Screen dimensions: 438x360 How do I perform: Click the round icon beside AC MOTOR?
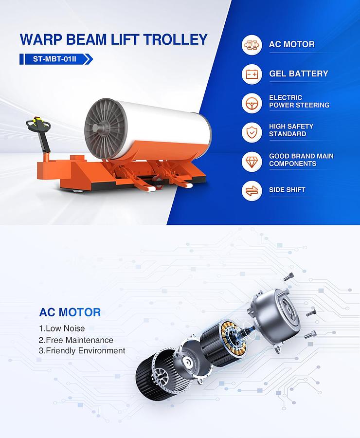coord(252,45)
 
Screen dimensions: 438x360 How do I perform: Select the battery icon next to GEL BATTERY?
coord(252,74)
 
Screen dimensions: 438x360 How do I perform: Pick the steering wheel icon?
coord(252,103)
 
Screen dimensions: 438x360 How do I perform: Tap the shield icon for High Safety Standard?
coord(252,131)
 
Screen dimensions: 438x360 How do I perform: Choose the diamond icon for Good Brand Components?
coord(252,161)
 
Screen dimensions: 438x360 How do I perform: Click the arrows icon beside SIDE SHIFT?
coord(252,190)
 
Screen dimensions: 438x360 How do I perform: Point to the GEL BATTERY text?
coord(299,74)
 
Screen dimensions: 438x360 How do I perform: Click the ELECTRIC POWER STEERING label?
coord(299,101)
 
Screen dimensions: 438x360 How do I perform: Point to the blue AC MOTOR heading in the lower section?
coord(70,312)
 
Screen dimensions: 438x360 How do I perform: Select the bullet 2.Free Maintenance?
coord(76,340)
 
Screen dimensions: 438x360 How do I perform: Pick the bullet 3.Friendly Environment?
coord(82,350)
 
